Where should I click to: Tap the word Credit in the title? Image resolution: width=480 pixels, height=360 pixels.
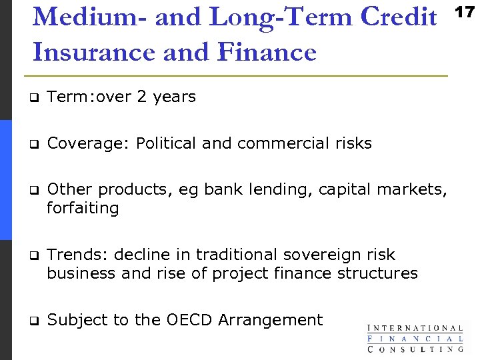tap(398, 17)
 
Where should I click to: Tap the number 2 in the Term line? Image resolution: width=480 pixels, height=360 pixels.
tap(141, 97)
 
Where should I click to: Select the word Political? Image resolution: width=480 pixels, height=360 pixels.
tap(166, 143)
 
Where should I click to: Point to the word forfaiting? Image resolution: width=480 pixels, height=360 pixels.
tap(83, 209)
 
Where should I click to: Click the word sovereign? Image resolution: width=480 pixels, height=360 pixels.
tap(315, 255)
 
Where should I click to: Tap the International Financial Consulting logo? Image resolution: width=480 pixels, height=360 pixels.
tap(415, 338)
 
